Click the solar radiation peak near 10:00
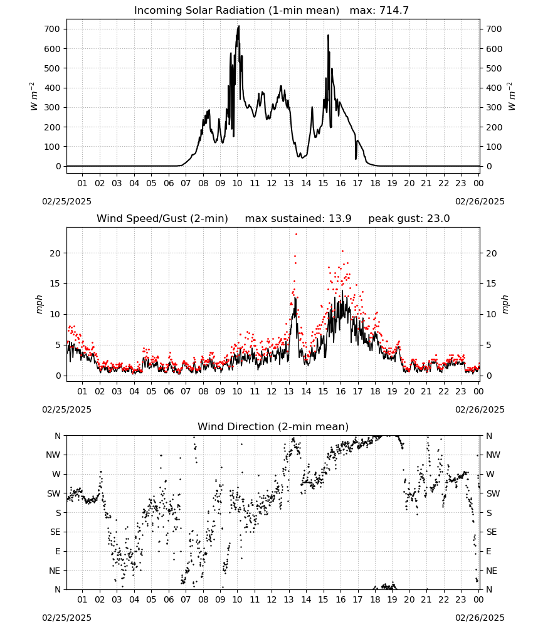pyautogui.click(x=239, y=26)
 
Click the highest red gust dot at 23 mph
pyautogui.click(x=296, y=234)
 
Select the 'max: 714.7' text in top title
pyautogui.click(x=379, y=11)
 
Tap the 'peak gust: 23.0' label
pyautogui.click(x=409, y=219)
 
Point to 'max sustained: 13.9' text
pyautogui.click(x=298, y=219)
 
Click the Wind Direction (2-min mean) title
pyautogui.click(x=273, y=426)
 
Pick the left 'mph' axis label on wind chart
pyautogui.click(x=39, y=304)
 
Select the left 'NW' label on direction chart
pyautogui.click(x=53, y=455)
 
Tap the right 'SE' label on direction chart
pyautogui.click(x=492, y=532)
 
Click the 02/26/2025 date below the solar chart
pyautogui.click(x=480, y=201)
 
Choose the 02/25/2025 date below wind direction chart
pyautogui.click(x=66, y=618)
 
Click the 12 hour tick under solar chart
pyautogui.click(x=272, y=184)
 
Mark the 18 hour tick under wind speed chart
pyautogui.click(x=374, y=391)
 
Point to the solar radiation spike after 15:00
pyautogui.click(x=329, y=36)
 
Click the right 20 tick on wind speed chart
pyautogui.click(x=491, y=253)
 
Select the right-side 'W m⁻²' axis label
pyautogui.click(x=512, y=97)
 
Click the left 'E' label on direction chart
pyautogui.click(x=58, y=551)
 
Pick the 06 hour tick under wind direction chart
pyautogui.click(x=168, y=600)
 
